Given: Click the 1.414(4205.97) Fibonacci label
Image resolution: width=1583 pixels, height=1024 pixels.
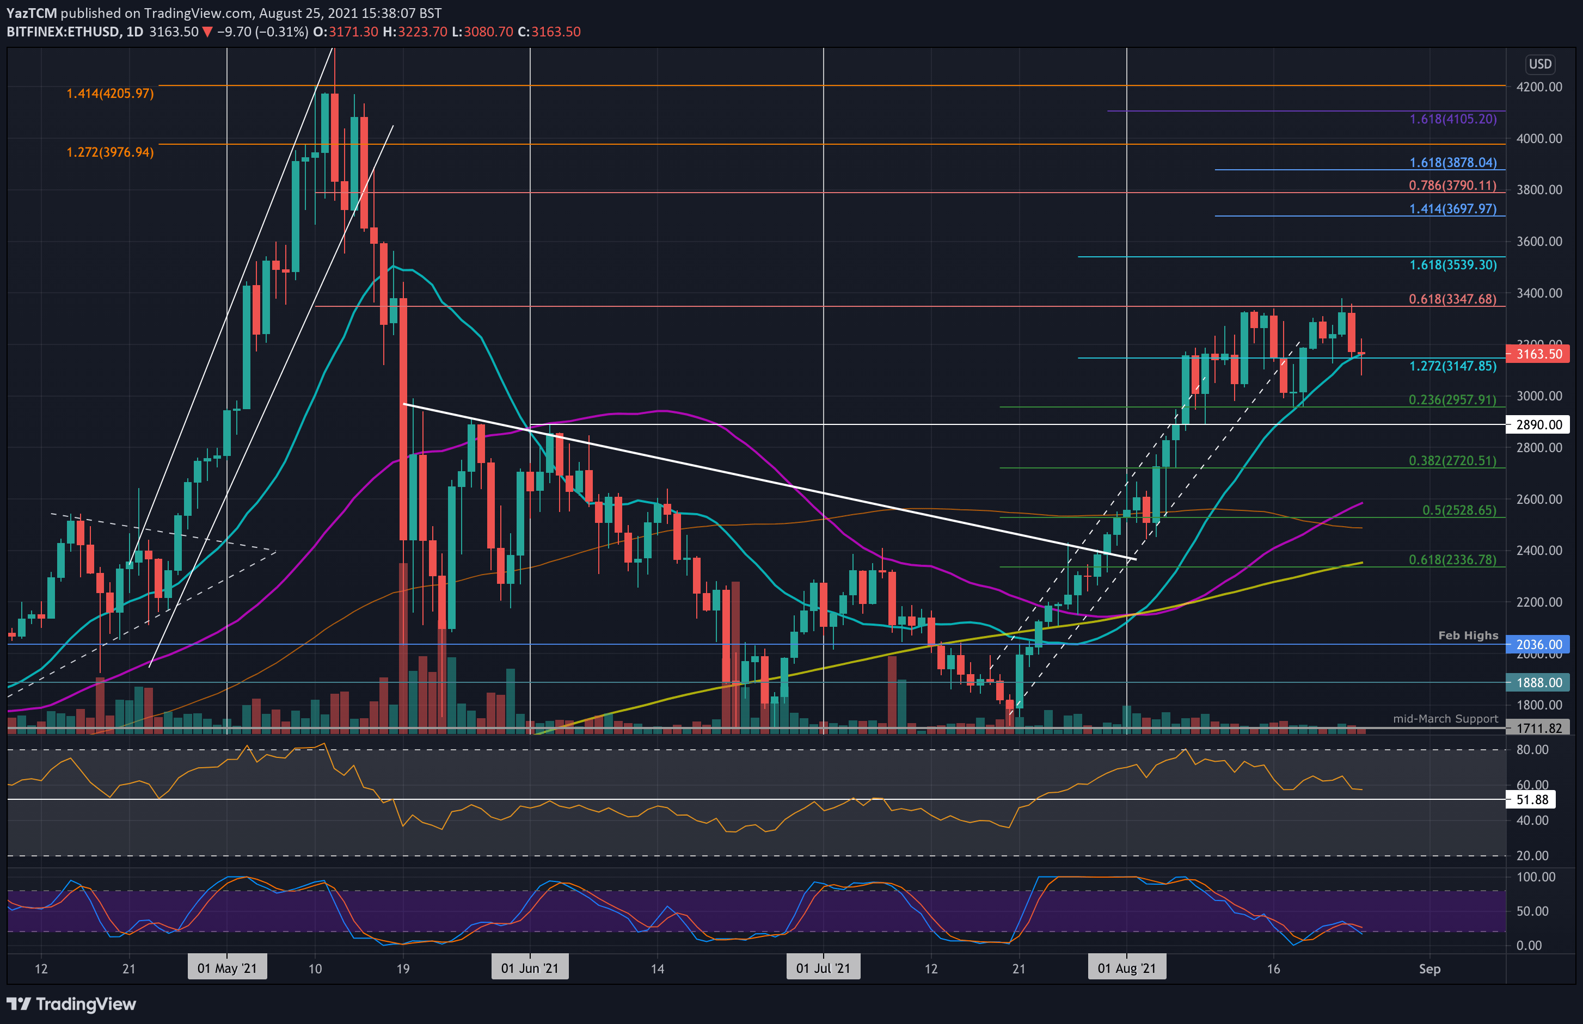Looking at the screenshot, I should pyautogui.click(x=110, y=94).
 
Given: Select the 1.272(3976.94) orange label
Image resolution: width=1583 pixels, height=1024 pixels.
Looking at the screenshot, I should pyautogui.click(x=110, y=152).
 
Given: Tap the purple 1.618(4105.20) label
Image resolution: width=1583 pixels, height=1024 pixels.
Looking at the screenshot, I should pyautogui.click(x=1453, y=119).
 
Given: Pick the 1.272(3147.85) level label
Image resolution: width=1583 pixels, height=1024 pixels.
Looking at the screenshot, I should pyautogui.click(x=1453, y=366).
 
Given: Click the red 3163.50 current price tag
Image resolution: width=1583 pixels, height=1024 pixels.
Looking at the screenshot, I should pyautogui.click(x=1538, y=354).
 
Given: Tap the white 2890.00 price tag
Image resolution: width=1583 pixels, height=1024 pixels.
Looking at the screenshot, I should pyautogui.click(x=1538, y=424).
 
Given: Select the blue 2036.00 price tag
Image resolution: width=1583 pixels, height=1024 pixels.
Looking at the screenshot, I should pyautogui.click(x=1538, y=644).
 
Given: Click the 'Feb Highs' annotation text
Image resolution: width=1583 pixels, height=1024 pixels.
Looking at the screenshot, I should pyautogui.click(x=1468, y=636).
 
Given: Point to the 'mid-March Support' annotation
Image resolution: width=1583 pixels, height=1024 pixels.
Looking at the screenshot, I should pyautogui.click(x=1445, y=719).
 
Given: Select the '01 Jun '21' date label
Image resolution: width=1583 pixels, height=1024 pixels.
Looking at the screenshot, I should pyautogui.click(x=530, y=968).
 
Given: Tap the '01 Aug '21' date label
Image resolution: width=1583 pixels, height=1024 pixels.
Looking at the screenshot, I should pyautogui.click(x=1126, y=968).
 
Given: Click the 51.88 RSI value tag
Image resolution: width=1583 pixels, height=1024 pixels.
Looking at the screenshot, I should pyautogui.click(x=1532, y=800).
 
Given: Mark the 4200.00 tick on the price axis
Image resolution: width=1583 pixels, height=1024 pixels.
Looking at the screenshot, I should pyautogui.click(x=1539, y=87).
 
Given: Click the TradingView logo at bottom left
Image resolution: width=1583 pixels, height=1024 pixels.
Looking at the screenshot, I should pyautogui.click(x=71, y=1004).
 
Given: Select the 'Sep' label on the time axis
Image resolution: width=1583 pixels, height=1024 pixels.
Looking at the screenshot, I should pyautogui.click(x=1429, y=969).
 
